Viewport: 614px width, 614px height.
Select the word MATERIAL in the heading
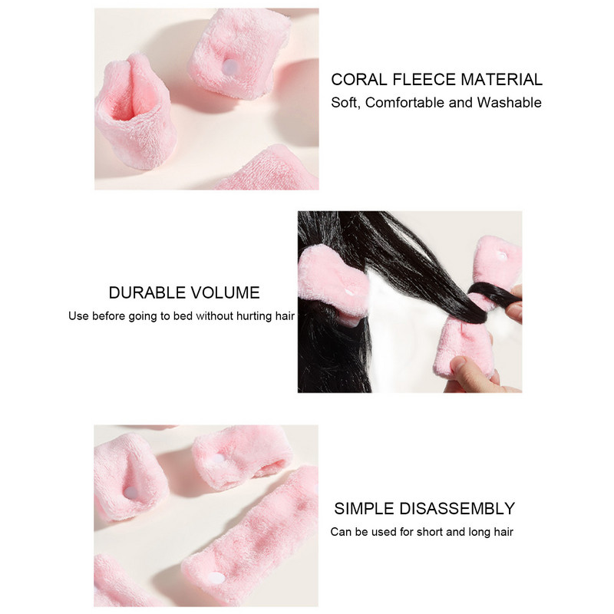click(x=502, y=80)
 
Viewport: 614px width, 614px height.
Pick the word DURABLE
click(x=147, y=293)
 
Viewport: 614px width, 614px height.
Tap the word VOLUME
click(x=225, y=293)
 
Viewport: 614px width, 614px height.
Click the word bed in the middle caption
click(x=183, y=316)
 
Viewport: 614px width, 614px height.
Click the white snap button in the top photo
click(x=231, y=66)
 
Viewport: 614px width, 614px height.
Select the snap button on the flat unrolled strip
click(x=216, y=578)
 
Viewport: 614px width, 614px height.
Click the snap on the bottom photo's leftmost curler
click(x=131, y=493)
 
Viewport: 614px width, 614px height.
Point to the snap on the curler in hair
click(x=349, y=292)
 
